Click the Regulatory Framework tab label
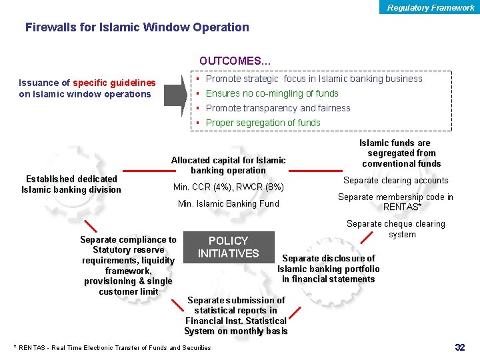pos(431,8)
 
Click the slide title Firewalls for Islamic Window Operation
pos(137,27)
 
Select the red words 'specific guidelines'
pos(114,83)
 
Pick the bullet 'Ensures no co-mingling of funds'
pos(272,93)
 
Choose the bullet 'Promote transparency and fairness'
pos(278,108)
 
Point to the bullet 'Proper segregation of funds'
pos(263,123)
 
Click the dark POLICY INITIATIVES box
pos(228,247)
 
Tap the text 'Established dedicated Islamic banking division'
pos(71,184)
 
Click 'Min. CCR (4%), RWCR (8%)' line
pos(228,187)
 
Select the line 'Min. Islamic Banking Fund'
pos(228,203)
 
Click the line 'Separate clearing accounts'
pos(395,180)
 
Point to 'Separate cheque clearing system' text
pos(396,229)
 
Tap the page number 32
pos(459,347)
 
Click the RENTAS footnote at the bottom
pos(112,347)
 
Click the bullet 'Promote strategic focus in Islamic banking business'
pos(314,79)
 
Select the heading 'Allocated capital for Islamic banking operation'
pos(228,165)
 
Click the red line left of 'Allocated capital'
pos(142,170)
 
